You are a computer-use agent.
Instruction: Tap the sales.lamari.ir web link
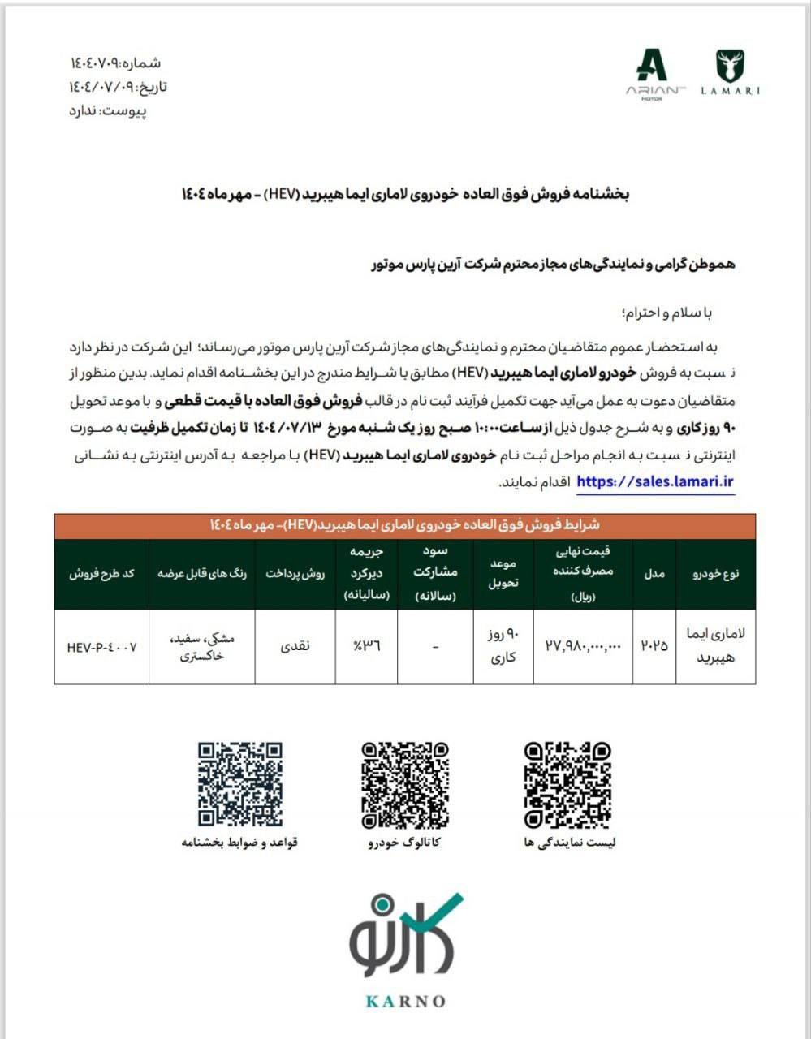(655, 481)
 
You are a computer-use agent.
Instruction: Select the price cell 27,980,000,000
(583, 646)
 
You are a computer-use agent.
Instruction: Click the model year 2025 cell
(655, 646)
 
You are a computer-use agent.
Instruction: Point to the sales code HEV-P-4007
(102, 647)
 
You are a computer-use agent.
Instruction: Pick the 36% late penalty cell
(367, 646)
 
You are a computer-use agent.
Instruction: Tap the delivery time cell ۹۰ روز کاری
(503, 647)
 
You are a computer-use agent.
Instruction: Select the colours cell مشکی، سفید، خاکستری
(202, 647)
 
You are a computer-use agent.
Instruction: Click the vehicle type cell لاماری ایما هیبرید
(715, 646)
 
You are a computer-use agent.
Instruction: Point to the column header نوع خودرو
(715, 573)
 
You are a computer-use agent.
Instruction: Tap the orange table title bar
(405, 526)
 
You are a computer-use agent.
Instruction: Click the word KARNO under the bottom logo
(405, 1001)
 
